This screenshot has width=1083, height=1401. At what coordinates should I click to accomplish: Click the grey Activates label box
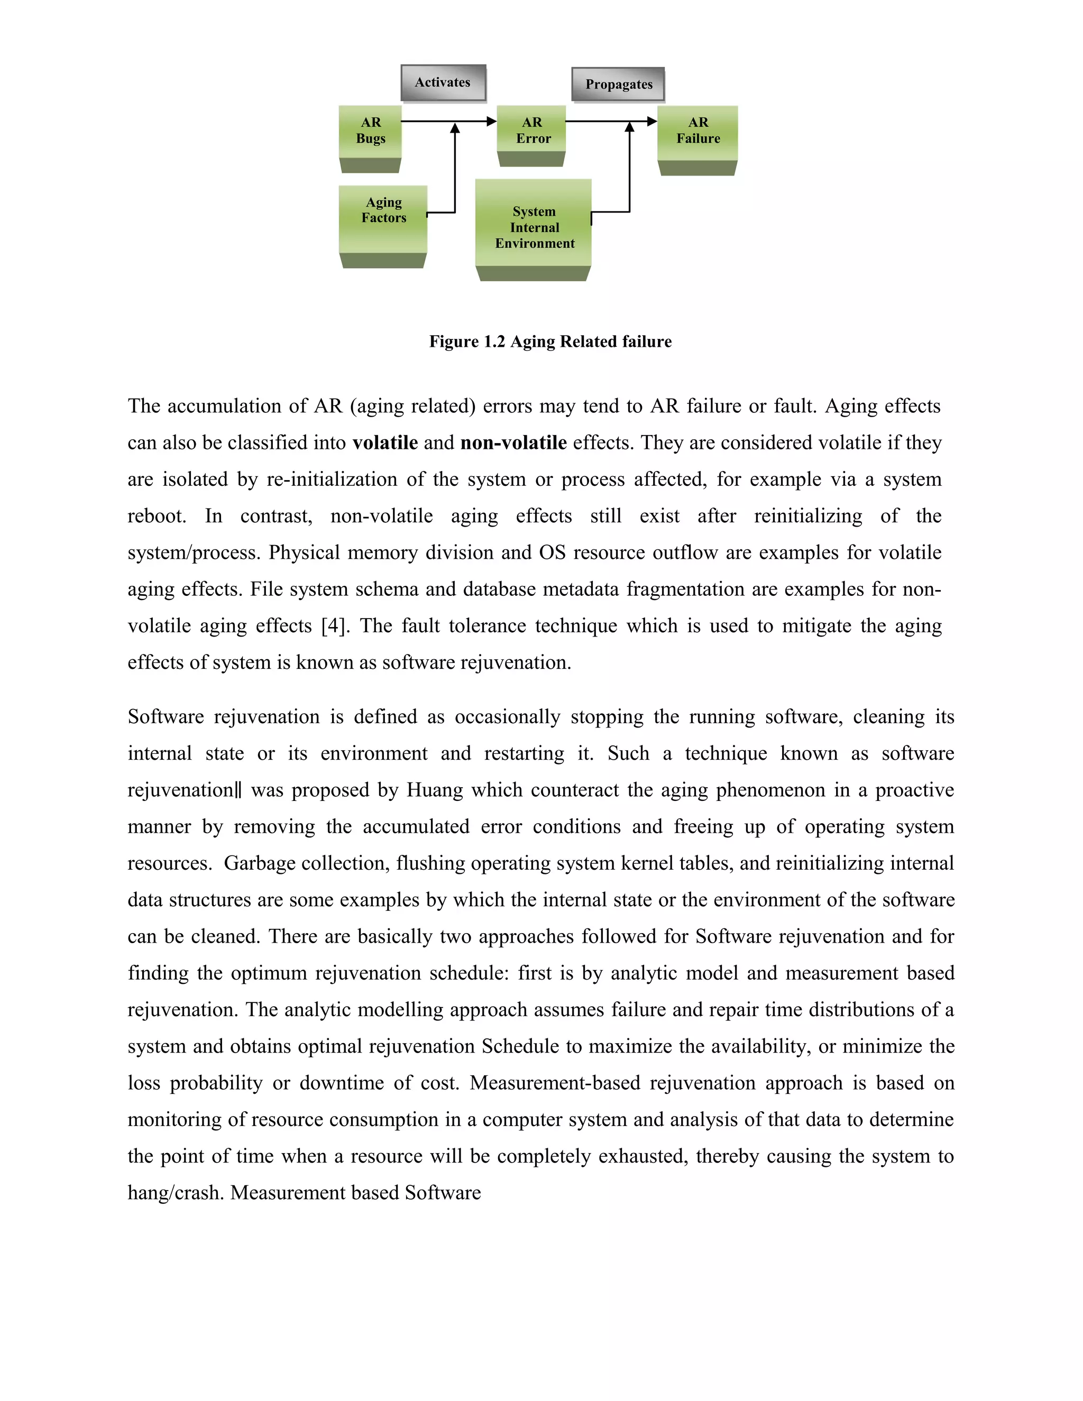(x=443, y=83)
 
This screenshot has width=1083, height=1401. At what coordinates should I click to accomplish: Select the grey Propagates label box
(x=618, y=85)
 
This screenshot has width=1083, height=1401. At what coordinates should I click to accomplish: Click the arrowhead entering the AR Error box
(x=491, y=121)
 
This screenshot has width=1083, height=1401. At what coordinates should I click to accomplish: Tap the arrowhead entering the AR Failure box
(x=652, y=121)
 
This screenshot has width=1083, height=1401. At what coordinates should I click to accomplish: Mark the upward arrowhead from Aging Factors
(x=455, y=128)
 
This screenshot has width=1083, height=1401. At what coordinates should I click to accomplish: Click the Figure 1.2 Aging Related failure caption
(x=550, y=342)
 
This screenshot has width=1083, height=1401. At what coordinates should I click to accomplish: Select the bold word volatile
(x=385, y=443)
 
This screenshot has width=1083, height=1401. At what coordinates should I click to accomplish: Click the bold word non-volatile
(x=513, y=443)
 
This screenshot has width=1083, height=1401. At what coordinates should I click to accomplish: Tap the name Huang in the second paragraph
(x=434, y=790)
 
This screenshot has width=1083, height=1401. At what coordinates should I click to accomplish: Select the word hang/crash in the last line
(x=176, y=1193)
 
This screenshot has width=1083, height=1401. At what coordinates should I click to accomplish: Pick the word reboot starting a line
(x=156, y=516)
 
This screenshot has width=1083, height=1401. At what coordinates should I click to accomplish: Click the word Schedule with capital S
(x=520, y=1046)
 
